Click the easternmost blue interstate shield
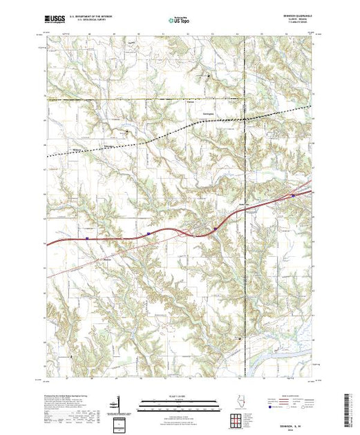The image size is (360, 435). (x=293, y=195)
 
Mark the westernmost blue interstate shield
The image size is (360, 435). (x=88, y=239)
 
